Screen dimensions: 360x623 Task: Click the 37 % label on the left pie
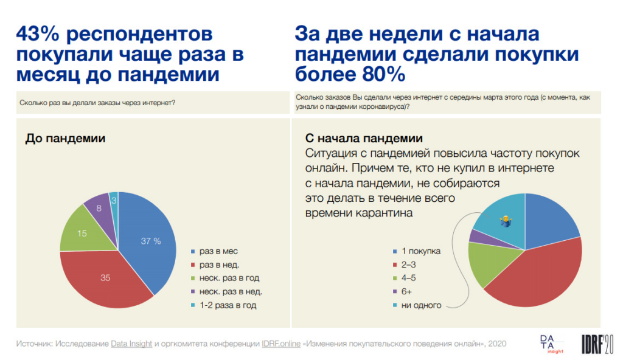tap(151, 241)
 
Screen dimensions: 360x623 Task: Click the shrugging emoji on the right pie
tap(504, 221)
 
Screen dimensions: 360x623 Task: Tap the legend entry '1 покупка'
tap(420, 252)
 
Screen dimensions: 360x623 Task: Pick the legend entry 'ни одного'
tap(420, 305)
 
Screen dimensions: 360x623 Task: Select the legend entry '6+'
tap(406, 292)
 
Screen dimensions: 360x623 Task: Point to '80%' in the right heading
tap(376, 74)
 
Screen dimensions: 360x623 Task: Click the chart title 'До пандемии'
tap(65, 139)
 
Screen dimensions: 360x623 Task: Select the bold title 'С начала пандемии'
tap(363, 139)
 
